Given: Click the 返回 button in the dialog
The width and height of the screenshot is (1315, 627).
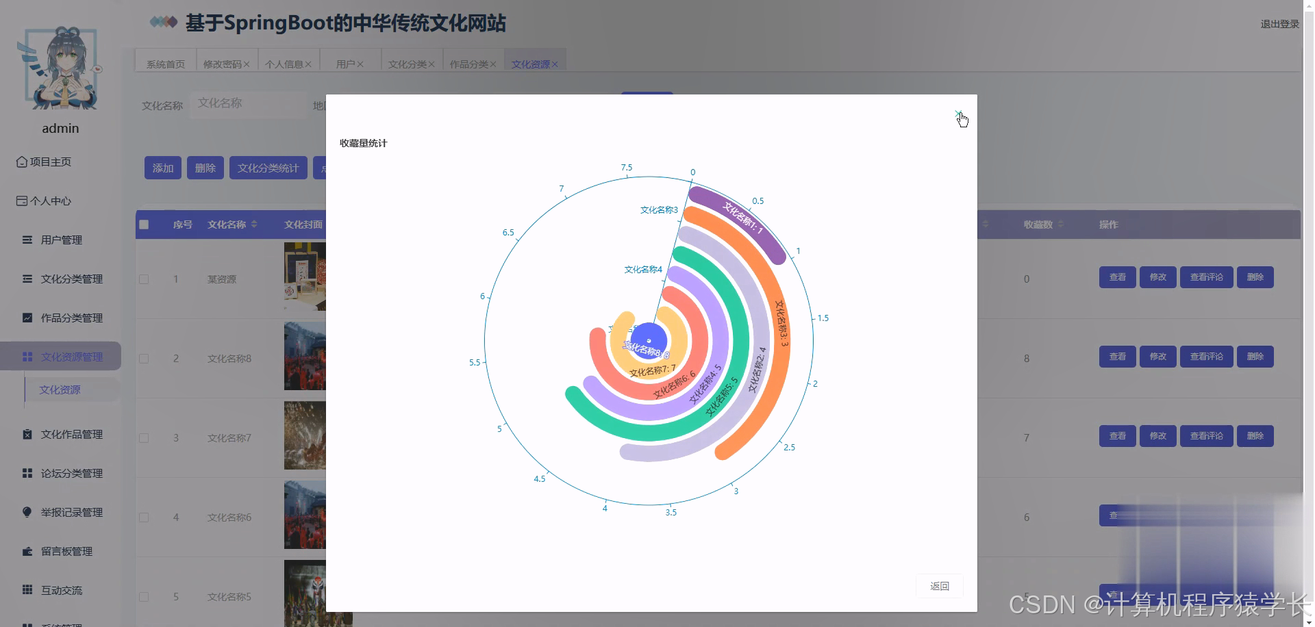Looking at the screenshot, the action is tap(939, 586).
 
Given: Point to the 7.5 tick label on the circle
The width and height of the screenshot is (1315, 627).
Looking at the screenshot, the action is tap(627, 168).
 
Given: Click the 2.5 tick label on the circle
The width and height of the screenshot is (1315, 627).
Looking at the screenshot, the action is tap(790, 448).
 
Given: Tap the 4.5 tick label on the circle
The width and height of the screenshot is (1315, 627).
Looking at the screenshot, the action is tap(540, 479).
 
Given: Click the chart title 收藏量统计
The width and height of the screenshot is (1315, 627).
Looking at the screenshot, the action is tap(363, 143).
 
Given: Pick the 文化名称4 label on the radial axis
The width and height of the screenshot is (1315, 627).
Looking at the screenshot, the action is tap(643, 270).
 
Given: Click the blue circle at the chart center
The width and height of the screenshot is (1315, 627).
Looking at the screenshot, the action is tap(648, 340).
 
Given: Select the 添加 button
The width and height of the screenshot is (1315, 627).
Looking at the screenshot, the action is tap(162, 168).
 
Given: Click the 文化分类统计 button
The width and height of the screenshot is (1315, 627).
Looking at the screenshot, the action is tap(268, 168).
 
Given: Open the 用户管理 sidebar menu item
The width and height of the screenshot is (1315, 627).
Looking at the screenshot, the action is tap(61, 240).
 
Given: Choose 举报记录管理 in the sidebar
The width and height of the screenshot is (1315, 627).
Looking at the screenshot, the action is tap(71, 513).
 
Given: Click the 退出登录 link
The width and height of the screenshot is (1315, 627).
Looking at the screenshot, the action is tap(1279, 24).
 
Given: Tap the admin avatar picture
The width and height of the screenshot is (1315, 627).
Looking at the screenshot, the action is tap(60, 68).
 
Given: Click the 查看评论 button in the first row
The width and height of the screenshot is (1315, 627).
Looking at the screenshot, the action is tap(1206, 277).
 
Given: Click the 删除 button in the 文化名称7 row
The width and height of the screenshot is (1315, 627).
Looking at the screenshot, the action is tap(1255, 436).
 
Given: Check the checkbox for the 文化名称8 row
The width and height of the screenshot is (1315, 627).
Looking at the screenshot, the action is tap(144, 359).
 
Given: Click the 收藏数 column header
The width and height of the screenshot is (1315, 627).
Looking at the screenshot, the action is tap(1038, 225).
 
